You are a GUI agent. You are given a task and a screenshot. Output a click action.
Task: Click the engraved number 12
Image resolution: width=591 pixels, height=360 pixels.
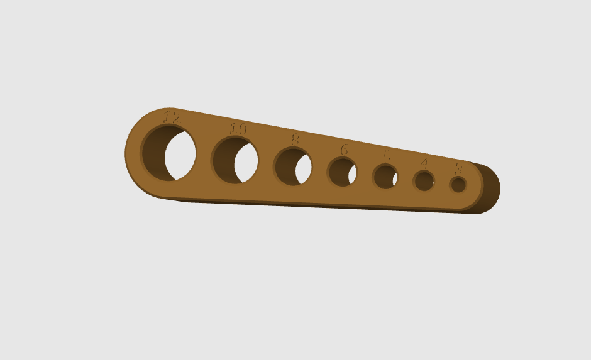[x=172, y=117]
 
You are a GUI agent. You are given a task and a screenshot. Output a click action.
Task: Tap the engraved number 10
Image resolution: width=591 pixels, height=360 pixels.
[x=238, y=128]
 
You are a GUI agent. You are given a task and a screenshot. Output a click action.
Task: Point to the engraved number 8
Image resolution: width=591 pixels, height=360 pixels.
[x=295, y=139]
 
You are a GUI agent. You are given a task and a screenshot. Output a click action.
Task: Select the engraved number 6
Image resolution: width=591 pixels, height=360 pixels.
[x=344, y=150]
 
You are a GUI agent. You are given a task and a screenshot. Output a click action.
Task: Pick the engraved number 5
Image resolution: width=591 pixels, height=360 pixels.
[x=386, y=156]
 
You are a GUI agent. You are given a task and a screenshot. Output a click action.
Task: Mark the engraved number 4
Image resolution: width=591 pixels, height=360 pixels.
[x=424, y=163]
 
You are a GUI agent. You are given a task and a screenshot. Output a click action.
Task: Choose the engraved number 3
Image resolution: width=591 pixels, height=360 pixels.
[x=458, y=168]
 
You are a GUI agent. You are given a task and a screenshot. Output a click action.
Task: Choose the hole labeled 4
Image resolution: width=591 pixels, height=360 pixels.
[x=424, y=181]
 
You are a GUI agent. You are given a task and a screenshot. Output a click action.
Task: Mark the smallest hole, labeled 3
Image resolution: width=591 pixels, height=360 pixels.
[x=458, y=185]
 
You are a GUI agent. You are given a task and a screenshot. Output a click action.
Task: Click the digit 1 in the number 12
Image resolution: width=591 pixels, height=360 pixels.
[x=167, y=116]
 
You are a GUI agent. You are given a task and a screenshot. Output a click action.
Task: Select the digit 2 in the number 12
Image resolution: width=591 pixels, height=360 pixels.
[x=175, y=117]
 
